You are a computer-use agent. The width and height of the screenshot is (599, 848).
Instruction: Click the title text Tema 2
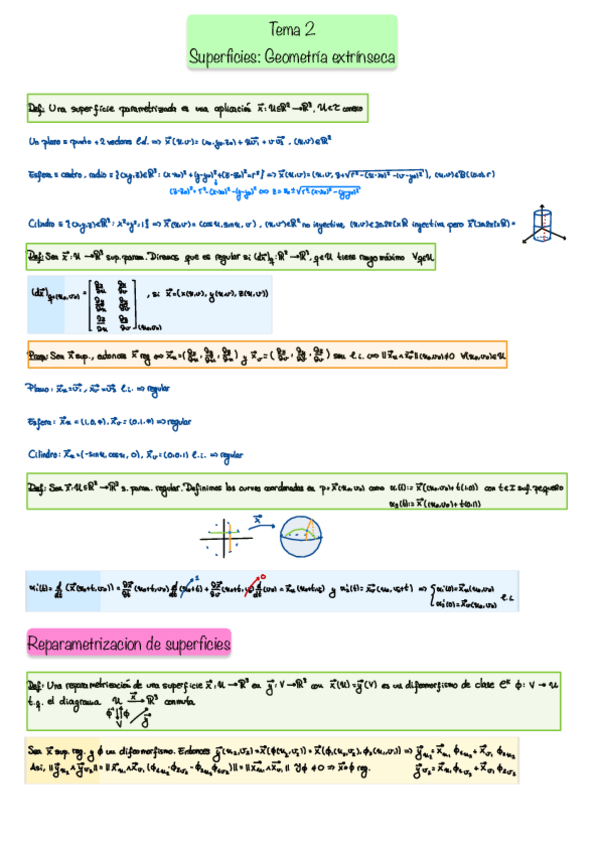pyautogui.click(x=291, y=31)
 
